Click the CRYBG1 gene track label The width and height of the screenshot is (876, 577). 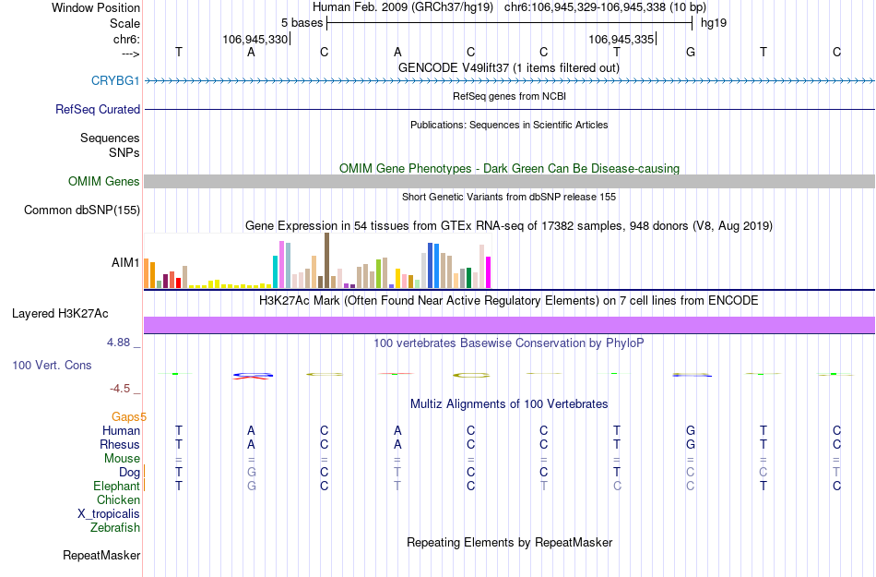click(x=115, y=81)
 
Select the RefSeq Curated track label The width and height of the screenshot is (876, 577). click(x=98, y=110)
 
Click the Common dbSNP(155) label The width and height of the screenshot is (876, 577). click(x=82, y=210)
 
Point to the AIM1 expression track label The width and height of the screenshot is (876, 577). click(x=125, y=263)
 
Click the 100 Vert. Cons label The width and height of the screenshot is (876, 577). click(x=52, y=366)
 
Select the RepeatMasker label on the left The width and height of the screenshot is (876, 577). click(x=101, y=556)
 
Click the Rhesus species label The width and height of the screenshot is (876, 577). click(x=120, y=445)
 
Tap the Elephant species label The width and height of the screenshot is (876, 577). click(x=117, y=487)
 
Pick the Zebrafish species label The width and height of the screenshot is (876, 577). click(x=115, y=528)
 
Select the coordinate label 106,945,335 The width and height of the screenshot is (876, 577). click(x=621, y=40)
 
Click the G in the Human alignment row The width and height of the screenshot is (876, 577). click(x=691, y=431)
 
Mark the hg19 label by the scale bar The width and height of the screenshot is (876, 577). click(x=714, y=22)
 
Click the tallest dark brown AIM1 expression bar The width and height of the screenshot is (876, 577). click(x=326, y=260)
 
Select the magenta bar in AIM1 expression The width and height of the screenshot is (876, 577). click(x=489, y=272)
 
